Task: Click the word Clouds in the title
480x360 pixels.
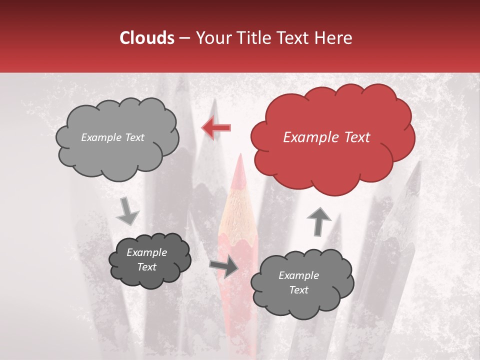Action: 147,38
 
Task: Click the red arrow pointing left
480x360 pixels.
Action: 216,128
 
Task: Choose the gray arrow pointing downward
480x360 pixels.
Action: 127,211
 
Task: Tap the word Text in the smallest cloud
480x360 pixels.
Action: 146,267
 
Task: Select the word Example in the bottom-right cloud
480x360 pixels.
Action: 298,275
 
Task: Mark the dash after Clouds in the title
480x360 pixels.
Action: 184,38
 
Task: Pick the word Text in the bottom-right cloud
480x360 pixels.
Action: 298,290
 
